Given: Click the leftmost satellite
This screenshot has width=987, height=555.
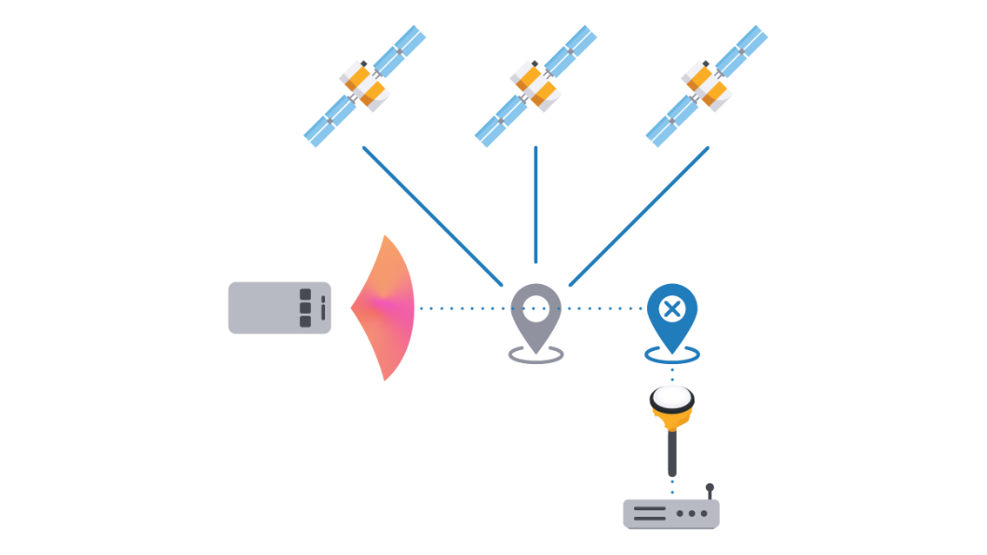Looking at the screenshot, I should (x=364, y=85).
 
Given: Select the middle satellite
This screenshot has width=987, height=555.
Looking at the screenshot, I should (x=534, y=85).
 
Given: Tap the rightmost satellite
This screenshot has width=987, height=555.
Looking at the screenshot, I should (x=706, y=85).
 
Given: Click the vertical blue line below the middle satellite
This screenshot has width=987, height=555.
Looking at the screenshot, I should (x=535, y=205).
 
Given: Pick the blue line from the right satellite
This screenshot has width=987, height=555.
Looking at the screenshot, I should (x=640, y=215).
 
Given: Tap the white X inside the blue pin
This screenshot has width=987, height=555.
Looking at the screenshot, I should (x=672, y=308).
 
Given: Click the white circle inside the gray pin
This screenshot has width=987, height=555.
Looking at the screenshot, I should (x=536, y=305).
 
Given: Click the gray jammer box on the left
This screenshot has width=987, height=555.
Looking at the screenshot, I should (x=270, y=307).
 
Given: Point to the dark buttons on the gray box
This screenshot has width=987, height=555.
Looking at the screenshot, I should (x=305, y=307).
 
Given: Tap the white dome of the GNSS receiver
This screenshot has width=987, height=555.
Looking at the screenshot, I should (x=672, y=398).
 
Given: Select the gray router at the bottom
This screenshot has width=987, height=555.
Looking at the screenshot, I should (x=670, y=514).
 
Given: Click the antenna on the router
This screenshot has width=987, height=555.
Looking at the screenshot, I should (x=710, y=492).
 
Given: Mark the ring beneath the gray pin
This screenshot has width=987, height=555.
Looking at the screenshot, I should (x=536, y=356).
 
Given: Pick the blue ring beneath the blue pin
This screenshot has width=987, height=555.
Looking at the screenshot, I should (x=672, y=355).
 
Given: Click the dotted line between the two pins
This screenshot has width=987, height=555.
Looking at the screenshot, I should (x=605, y=307).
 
